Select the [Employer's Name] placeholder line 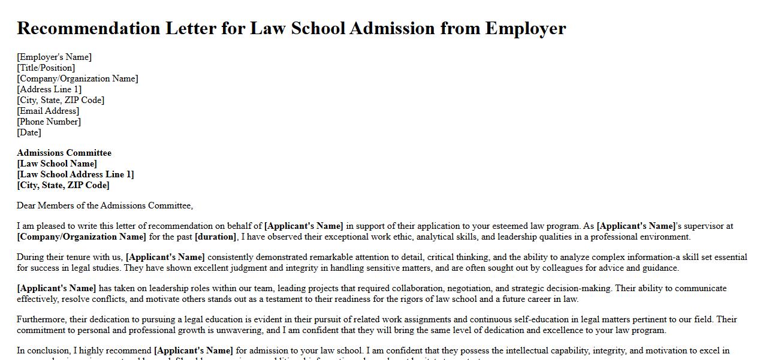[x=55, y=57]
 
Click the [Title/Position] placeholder [x=46, y=68]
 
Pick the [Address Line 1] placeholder [x=49, y=89]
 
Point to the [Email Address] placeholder [x=48, y=111]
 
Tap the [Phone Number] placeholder [x=49, y=122]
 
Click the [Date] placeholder [x=29, y=132]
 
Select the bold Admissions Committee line [x=64, y=153]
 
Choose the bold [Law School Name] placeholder [x=57, y=164]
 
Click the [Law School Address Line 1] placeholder [x=76, y=174]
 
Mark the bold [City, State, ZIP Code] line [x=64, y=185]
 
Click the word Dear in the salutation [x=26, y=205]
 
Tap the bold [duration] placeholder [x=215, y=237]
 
